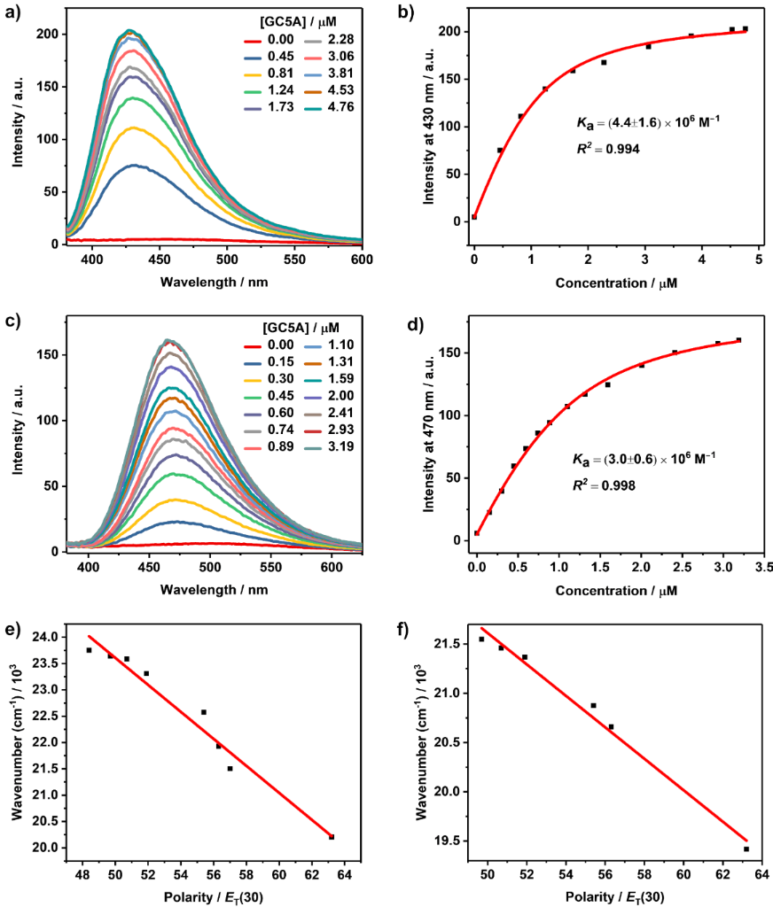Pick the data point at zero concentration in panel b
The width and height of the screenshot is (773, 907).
(474, 216)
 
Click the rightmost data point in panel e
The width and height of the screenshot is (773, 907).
(332, 836)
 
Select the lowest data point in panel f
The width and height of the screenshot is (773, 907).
(746, 849)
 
